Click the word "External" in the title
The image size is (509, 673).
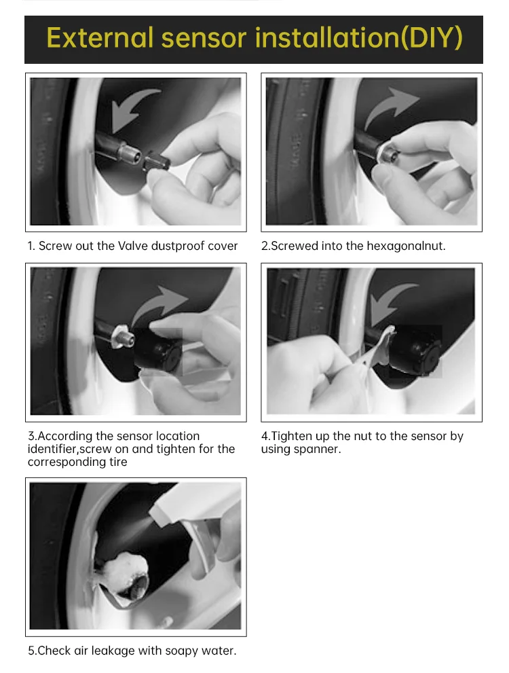100,37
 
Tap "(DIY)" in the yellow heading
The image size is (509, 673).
432,38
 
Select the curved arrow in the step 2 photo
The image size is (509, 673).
391,107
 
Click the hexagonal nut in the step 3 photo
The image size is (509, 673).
122,335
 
